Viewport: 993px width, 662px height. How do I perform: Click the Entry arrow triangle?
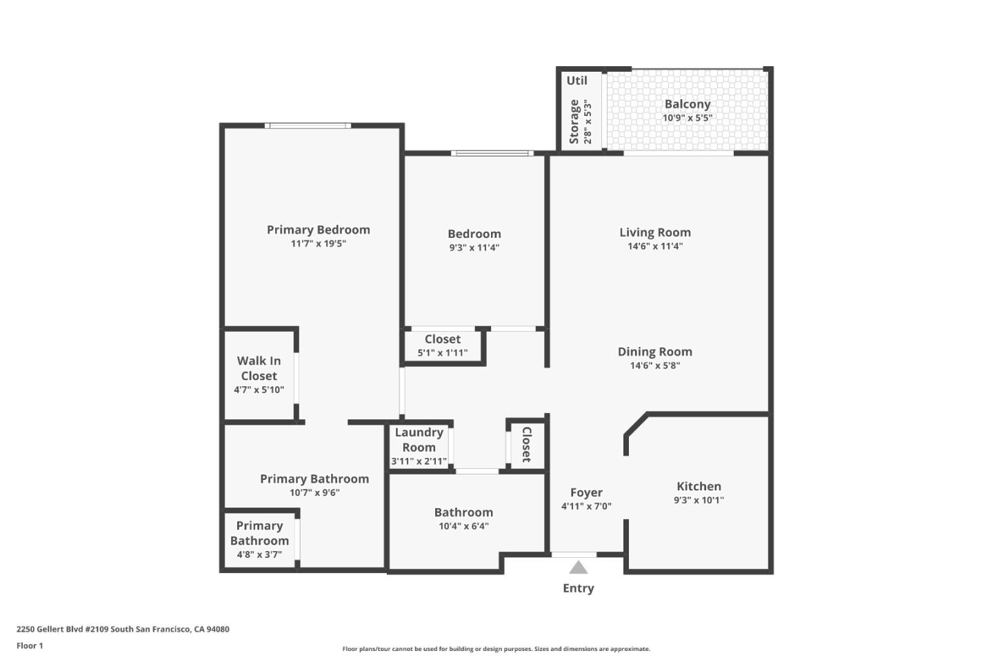click(579, 568)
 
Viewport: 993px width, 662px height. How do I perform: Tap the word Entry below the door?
click(579, 588)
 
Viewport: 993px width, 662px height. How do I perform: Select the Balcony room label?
click(688, 104)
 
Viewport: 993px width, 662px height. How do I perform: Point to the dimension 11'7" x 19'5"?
click(318, 243)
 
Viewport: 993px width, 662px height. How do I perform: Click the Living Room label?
click(654, 232)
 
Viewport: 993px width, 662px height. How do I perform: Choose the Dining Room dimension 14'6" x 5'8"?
click(654, 365)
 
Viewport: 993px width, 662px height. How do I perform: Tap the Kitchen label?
click(699, 486)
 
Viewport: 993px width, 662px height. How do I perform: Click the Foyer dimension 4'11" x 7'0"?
click(586, 506)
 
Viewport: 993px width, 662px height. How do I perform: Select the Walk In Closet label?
click(259, 368)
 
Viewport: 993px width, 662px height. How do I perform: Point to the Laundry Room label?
click(419, 440)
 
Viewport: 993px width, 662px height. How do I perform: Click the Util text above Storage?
click(577, 81)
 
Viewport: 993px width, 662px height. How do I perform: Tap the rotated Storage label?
click(574, 121)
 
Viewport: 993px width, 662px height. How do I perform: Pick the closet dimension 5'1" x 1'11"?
click(443, 353)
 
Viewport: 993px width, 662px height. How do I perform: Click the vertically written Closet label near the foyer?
click(526, 445)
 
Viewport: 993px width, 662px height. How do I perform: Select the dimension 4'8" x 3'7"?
click(259, 554)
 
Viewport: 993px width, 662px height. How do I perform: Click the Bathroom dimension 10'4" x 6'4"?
click(463, 526)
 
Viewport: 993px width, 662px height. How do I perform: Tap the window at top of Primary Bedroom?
click(308, 126)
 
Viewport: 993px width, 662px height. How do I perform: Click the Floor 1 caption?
click(30, 646)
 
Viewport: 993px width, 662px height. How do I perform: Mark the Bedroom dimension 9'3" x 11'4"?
click(474, 248)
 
